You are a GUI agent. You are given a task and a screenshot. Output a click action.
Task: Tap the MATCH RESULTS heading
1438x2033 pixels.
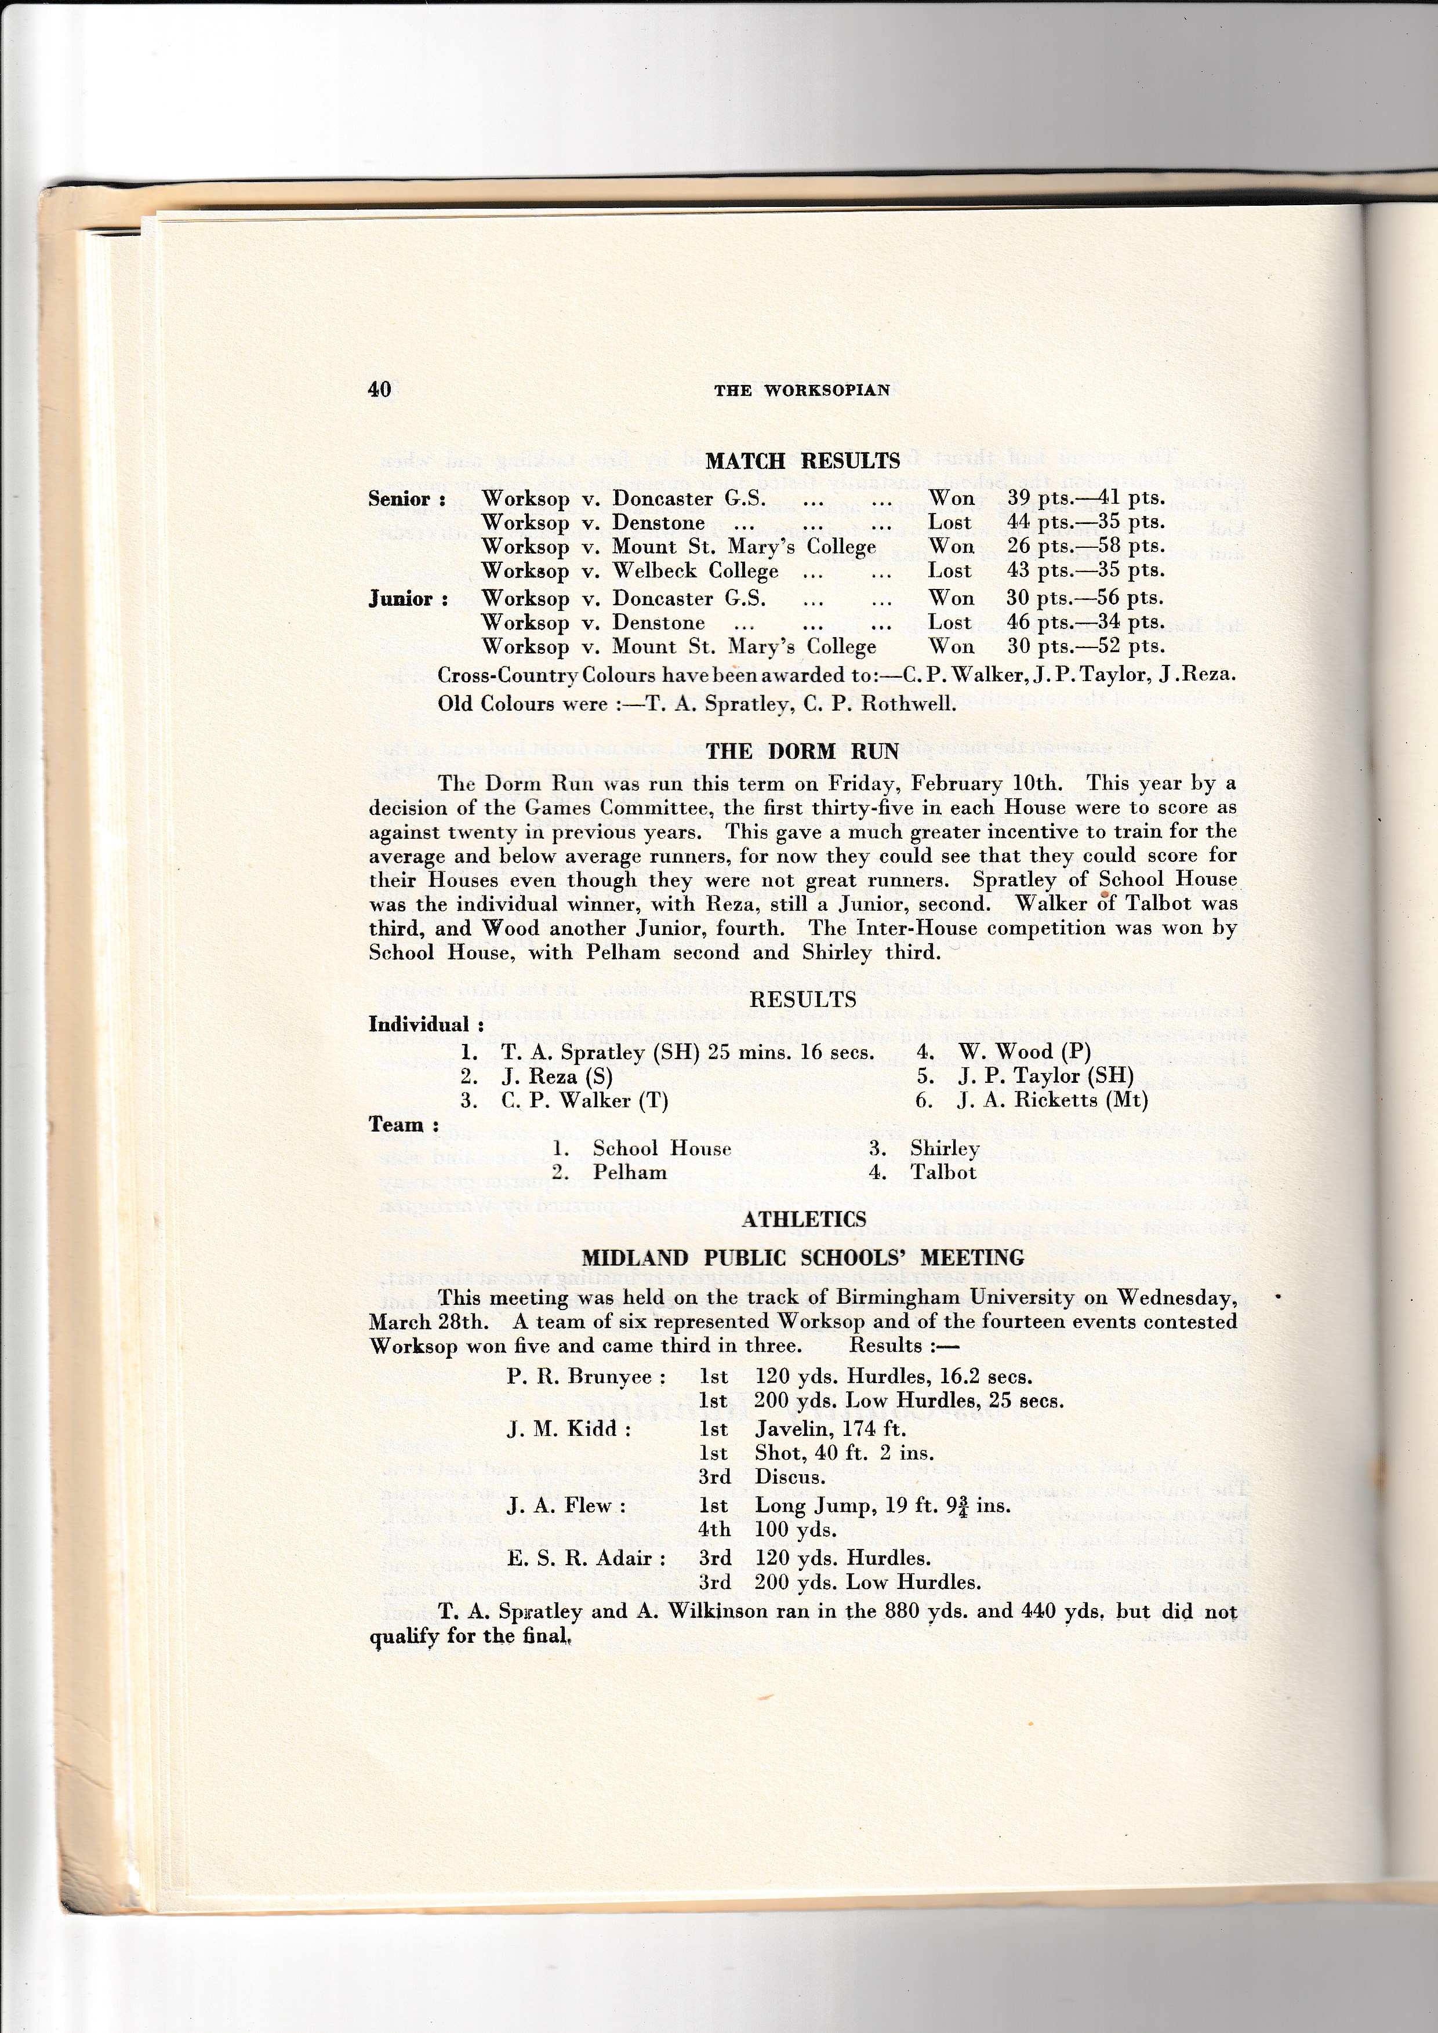(x=802, y=461)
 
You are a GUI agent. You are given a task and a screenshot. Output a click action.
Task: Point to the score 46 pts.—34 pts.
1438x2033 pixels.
(x=1085, y=623)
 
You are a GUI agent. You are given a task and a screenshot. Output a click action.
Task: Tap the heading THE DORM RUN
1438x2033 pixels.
(x=802, y=752)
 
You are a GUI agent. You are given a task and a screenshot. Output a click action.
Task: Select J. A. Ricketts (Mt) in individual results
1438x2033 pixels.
(x=1052, y=1101)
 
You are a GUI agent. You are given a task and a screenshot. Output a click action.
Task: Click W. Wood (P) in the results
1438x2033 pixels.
(x=1025, y=1052)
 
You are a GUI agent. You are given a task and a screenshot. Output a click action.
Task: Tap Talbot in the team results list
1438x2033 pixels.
(x=943, y=1172)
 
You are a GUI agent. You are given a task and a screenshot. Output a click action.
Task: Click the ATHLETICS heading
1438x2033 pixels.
(x=803, y=1219)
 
